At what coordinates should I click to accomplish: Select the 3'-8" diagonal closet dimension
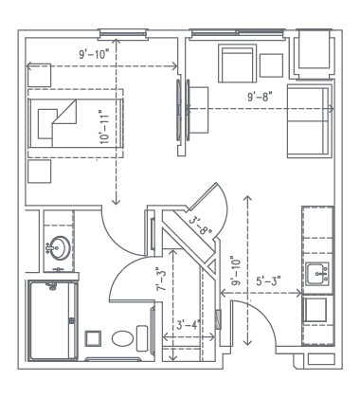point(200,227)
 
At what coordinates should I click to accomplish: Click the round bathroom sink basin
point(56,248)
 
